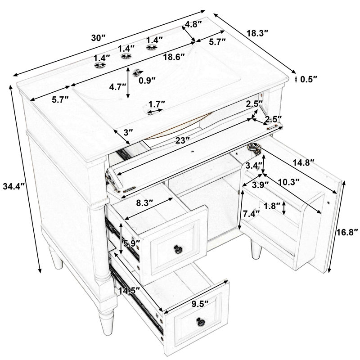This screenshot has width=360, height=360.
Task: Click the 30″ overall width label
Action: pos(98,38)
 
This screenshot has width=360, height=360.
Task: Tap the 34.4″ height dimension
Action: pos(13,186)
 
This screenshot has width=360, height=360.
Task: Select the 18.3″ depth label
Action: pos(257,33)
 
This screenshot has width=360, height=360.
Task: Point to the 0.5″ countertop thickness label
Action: pos(309,79)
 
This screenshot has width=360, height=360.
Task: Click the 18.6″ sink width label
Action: pos(174,57)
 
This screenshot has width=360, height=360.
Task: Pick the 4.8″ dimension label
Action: pos(193,24)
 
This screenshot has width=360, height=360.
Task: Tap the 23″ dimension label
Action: pos(183,140)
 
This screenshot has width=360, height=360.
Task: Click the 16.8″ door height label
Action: pos(347,232)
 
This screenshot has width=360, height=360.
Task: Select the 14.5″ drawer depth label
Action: pos(129,291)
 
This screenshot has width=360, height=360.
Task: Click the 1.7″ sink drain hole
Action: pos(153,110)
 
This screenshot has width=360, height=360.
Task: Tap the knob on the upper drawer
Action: pos(178,249)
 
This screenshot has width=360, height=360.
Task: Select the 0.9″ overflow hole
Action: pos(137,72)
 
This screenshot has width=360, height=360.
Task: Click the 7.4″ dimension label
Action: pos(251,214)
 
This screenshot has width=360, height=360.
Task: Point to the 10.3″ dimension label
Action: pos(288,182)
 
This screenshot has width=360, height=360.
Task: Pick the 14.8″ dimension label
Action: pos(303,163)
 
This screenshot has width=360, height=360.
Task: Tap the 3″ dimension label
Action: pos(128,132)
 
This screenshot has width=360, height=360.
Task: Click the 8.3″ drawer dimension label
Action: pos(144,203)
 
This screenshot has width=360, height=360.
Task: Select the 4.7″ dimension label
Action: pos(117,87)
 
